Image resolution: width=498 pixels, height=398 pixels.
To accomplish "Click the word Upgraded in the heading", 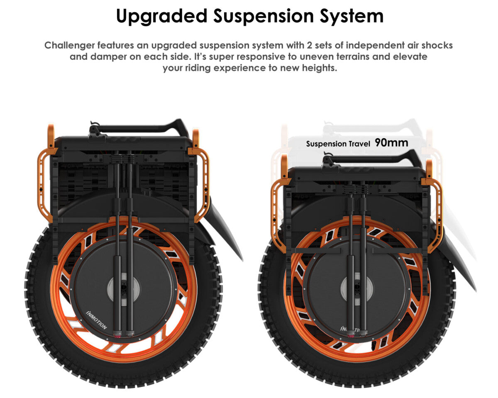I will pos(161,16).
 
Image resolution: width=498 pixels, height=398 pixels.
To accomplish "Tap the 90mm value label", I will pos(391,143).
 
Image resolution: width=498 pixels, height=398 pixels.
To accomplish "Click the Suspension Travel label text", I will pos(338,144).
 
